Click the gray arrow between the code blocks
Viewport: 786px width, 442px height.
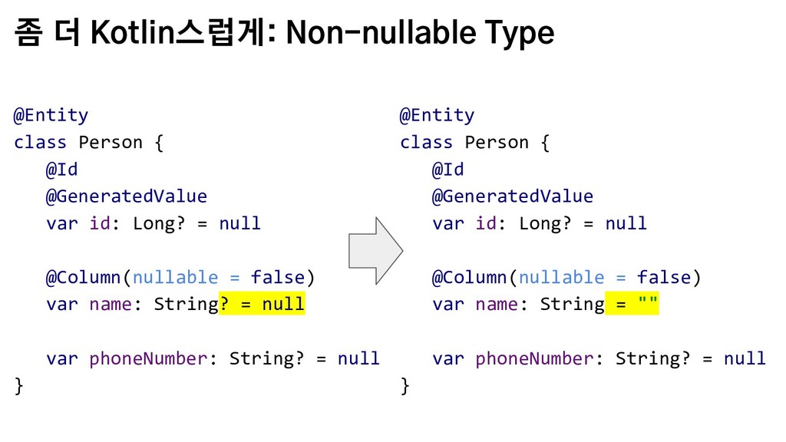[375, 251]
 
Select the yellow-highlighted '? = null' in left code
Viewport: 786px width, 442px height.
[262, 304]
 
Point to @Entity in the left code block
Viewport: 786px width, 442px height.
[51, 115]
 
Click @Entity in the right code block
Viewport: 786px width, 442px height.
[437, 115]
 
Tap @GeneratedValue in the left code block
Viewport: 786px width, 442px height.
[127, 196]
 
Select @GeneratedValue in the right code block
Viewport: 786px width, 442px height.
[512, 196]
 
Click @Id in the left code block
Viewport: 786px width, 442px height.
[61, 170]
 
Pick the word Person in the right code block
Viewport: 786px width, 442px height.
[497, 142]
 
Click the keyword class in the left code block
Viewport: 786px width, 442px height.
[40, 142]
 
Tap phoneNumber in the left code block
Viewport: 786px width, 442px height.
[148, 358]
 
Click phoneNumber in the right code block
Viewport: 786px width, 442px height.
[534, 358]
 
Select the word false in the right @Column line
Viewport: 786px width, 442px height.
[664, 277]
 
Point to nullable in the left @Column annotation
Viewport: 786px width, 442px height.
[176, 277]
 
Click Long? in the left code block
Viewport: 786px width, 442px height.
[159, 223]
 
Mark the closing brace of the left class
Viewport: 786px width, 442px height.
[19, 386]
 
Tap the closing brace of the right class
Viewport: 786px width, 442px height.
[405, 386]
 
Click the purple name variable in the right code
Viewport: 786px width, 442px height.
[497, 304]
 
